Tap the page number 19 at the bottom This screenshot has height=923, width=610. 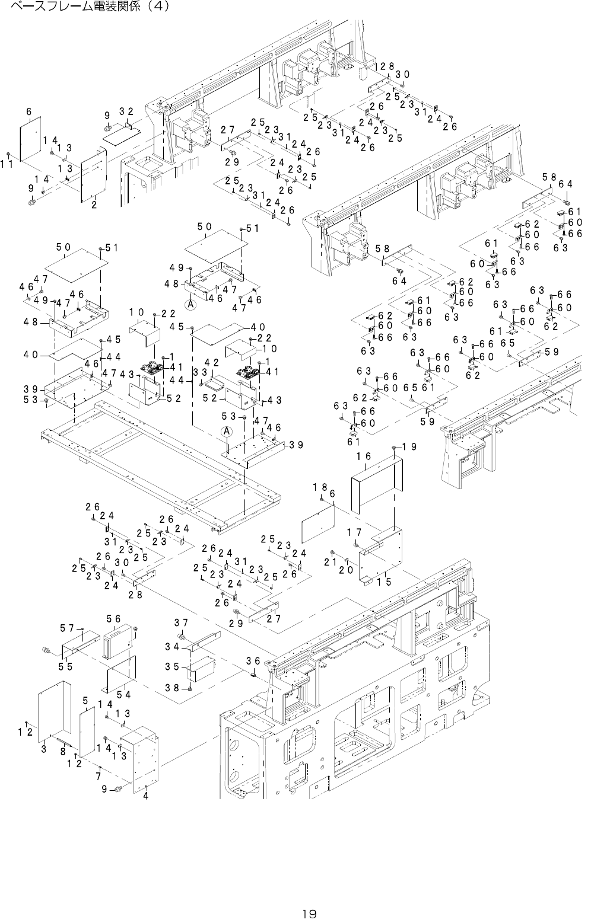tap(309, 914)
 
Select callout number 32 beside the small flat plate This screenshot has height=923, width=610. tap(125, 111)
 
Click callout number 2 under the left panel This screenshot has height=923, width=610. tap(94, 205)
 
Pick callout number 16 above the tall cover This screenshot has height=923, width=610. tap(364, 456)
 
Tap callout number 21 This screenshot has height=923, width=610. tap(331, 561)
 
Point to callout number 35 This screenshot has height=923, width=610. tap(172, 666)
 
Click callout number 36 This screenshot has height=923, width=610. tap(253, 661)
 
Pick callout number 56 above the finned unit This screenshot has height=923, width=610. tap(113, 619)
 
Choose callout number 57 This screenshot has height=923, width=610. tap(66, 627)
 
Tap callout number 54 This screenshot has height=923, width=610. tap(123, 694)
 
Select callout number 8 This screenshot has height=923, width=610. tap(63, 752)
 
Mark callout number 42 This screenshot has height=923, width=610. tap(212, 362)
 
